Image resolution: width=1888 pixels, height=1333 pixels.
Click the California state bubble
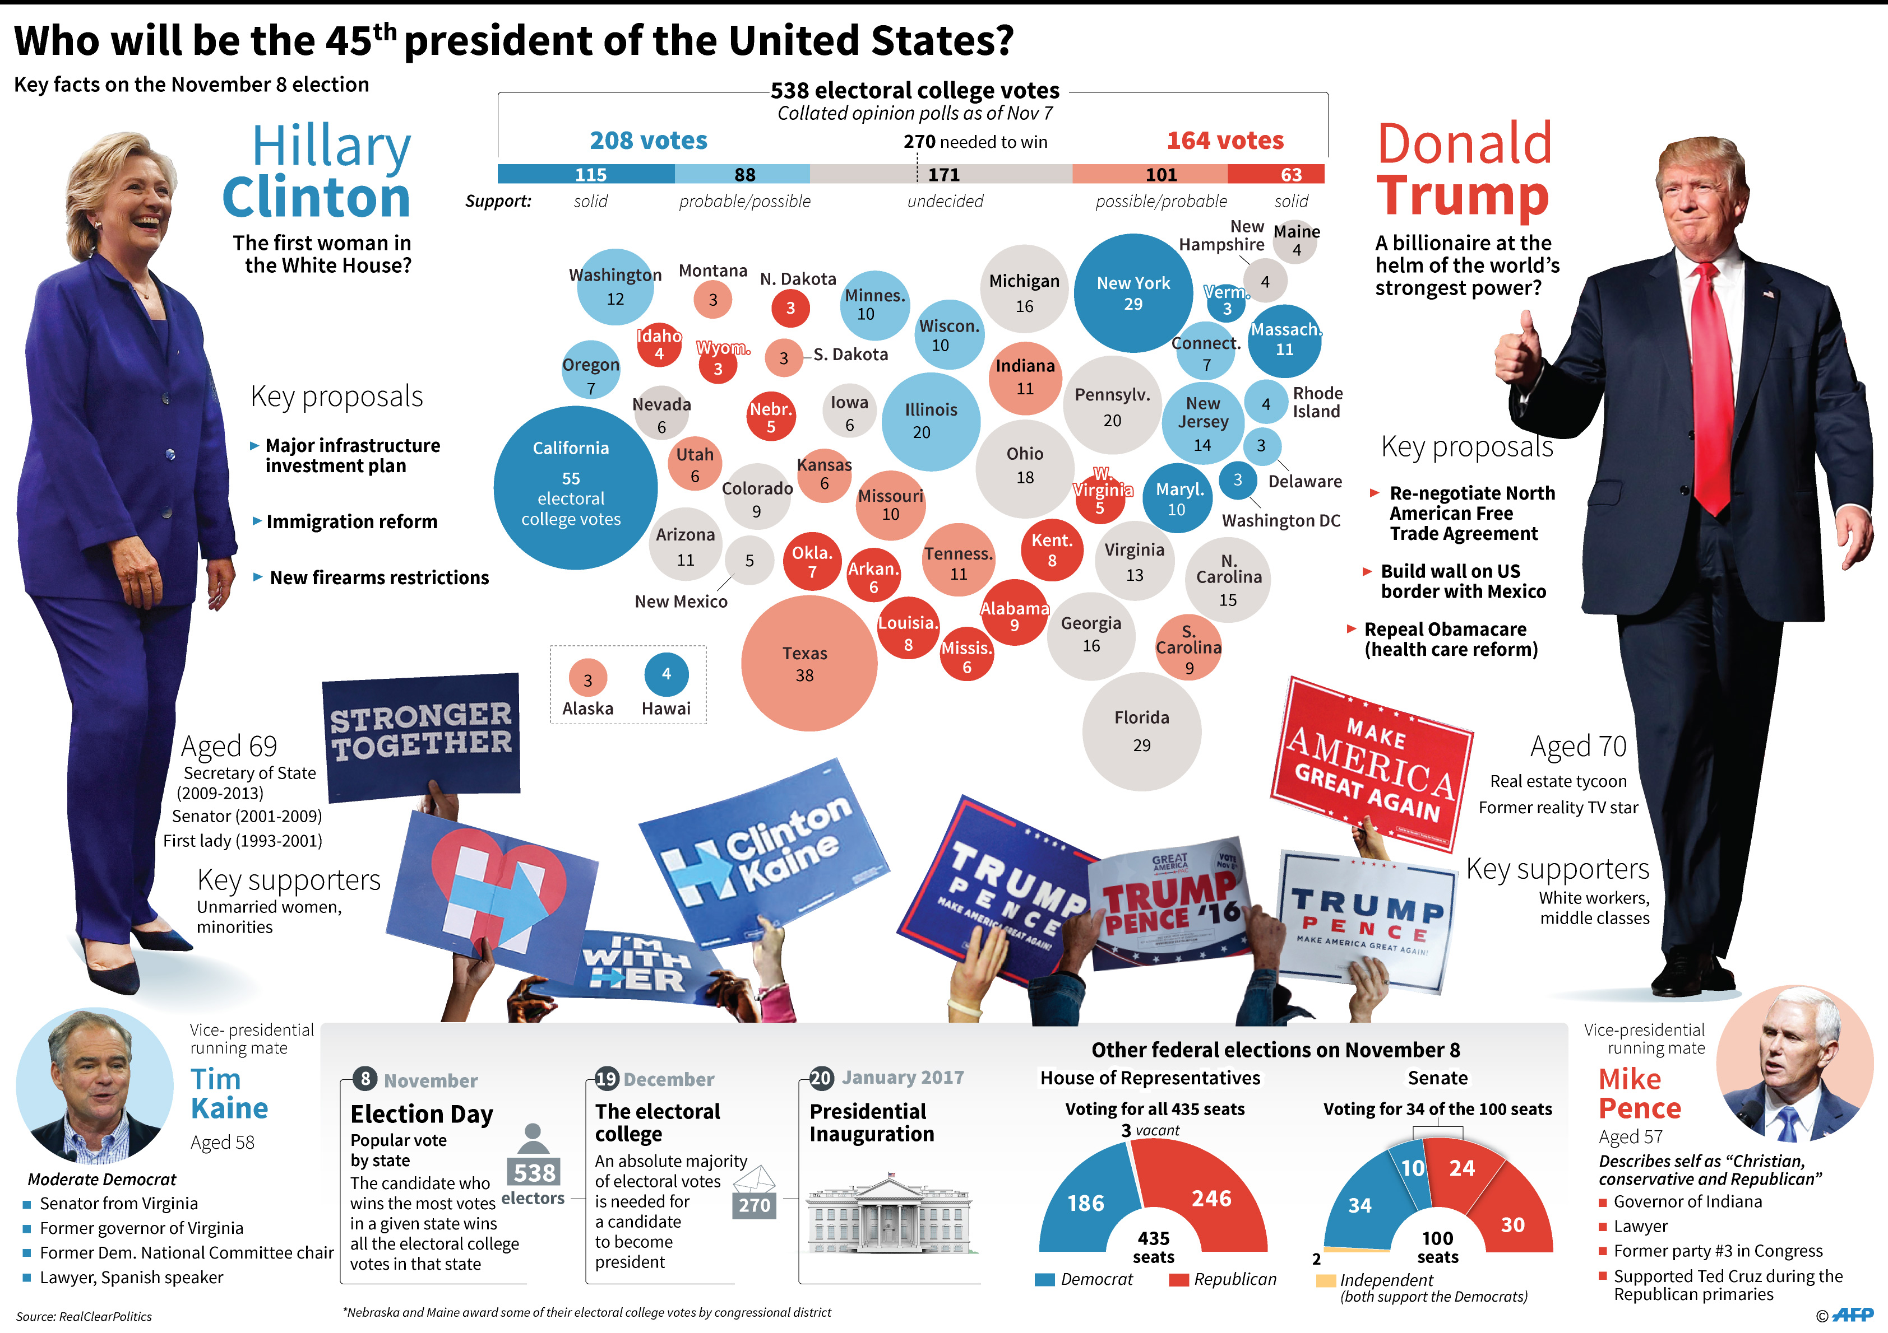(574, 487)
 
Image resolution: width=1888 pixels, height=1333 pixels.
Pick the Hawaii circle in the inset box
(666, 674)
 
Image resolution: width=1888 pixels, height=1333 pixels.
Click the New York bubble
(1132, 292)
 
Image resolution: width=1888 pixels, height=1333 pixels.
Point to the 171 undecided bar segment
(942, 174)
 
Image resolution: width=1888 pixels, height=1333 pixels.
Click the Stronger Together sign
(421, 735)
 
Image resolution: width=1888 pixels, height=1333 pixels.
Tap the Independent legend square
(1325, 1280)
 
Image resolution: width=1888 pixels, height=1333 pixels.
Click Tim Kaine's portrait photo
(95, 1085)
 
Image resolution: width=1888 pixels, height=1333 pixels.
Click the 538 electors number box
(534, 1172)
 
